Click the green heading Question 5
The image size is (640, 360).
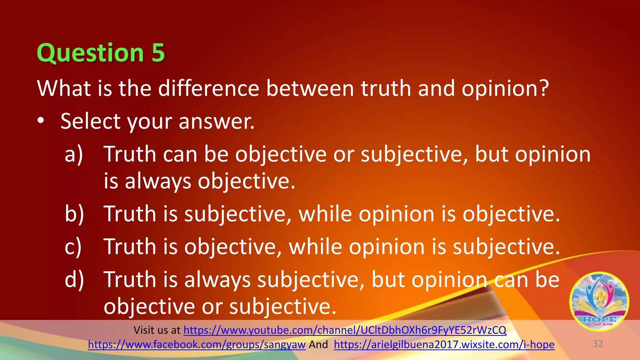(100, 53)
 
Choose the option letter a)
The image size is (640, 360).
(74, 154)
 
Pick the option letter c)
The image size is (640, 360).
(73, 247)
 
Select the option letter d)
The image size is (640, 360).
(74, 280)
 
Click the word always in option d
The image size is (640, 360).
(217, 280)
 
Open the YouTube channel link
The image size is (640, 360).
(345, 330)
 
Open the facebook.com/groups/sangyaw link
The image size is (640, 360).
(197, 344)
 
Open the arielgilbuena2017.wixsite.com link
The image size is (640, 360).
(444, 344)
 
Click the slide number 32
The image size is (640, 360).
(597, 344)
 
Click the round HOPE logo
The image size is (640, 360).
(599, 302)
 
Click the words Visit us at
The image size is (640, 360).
(157, 330)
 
